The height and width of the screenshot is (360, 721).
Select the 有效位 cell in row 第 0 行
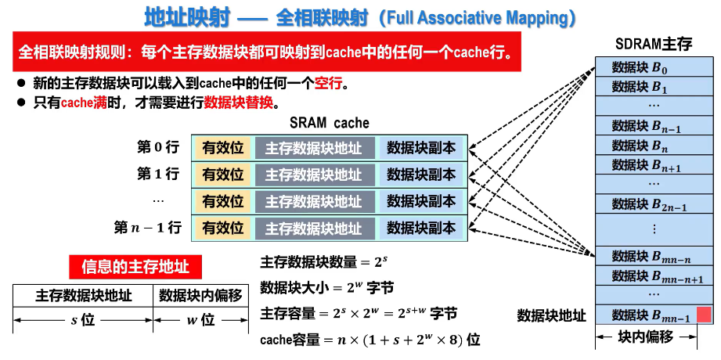224,148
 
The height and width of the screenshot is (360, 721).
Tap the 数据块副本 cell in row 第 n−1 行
421,227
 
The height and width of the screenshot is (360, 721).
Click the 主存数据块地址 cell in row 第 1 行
314,175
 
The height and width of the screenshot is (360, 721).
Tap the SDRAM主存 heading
654,44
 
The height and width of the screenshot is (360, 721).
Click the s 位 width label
82,320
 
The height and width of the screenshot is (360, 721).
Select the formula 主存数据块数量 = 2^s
324,261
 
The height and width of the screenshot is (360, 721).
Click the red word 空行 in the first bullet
328,83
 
